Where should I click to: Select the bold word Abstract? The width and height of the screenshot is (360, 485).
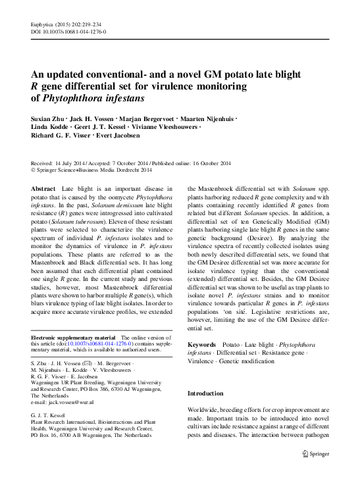click(x=43, y=189)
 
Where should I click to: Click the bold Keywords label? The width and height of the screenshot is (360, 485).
click(x=201, y=344)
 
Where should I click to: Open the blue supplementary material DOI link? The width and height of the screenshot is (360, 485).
click(x=94, y=343)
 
